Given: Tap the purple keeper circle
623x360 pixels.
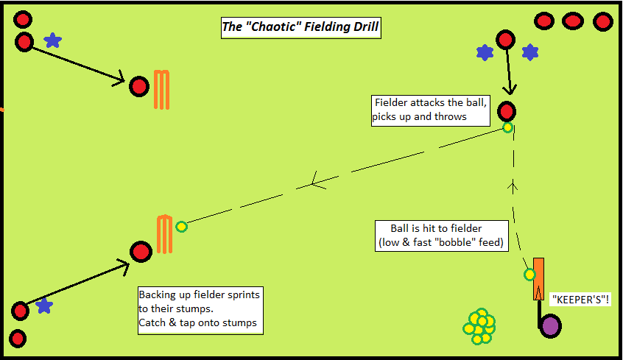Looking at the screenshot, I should [550, 325].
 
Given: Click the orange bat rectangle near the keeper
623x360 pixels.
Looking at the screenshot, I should [539, 279].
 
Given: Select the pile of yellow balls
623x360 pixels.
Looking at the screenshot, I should [480, 325].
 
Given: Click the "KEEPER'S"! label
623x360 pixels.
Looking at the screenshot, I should [581, 300].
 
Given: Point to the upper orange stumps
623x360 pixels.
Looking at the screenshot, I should [161, 90].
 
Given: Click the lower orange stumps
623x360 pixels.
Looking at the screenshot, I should [164, 233].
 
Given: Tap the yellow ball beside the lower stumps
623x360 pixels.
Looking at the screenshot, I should [182, 227].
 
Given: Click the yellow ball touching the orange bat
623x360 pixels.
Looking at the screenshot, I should [529, 275].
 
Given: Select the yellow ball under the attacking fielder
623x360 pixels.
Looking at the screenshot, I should [507, 127].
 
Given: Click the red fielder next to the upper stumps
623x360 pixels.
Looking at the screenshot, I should [138, 87].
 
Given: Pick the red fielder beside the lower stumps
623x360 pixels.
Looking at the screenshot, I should [141, 252].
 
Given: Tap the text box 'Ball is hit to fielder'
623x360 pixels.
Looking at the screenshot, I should [440, 236].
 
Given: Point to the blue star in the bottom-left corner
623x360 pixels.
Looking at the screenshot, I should [44, 305].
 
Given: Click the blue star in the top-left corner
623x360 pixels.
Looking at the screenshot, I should [52, 40].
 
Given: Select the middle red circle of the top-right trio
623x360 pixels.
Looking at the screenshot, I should [573, 21].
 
